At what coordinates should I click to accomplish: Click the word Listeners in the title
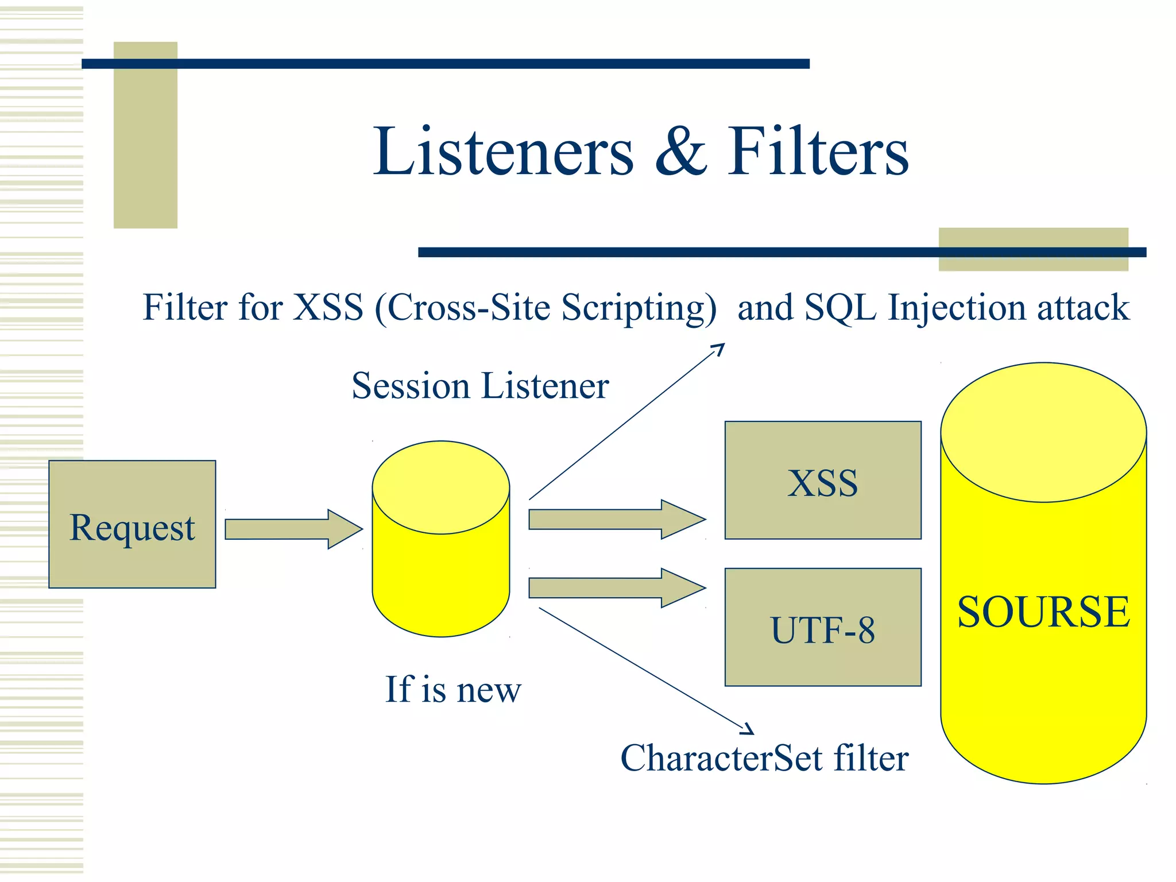tap(503, 152)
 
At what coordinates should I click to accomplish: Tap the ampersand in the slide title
tap(681, 152)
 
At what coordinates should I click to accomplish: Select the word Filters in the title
tap(818, 152)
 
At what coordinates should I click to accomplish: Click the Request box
tap(132, 524)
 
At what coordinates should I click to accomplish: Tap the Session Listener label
tap(480, 385)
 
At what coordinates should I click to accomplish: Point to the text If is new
tap(453, 689)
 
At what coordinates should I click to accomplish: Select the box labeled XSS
tap(822, 481)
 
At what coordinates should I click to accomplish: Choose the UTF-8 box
tap(822, 628)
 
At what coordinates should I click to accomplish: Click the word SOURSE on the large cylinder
tap(1043, 612)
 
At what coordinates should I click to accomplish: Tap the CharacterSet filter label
tap(764, 758)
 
